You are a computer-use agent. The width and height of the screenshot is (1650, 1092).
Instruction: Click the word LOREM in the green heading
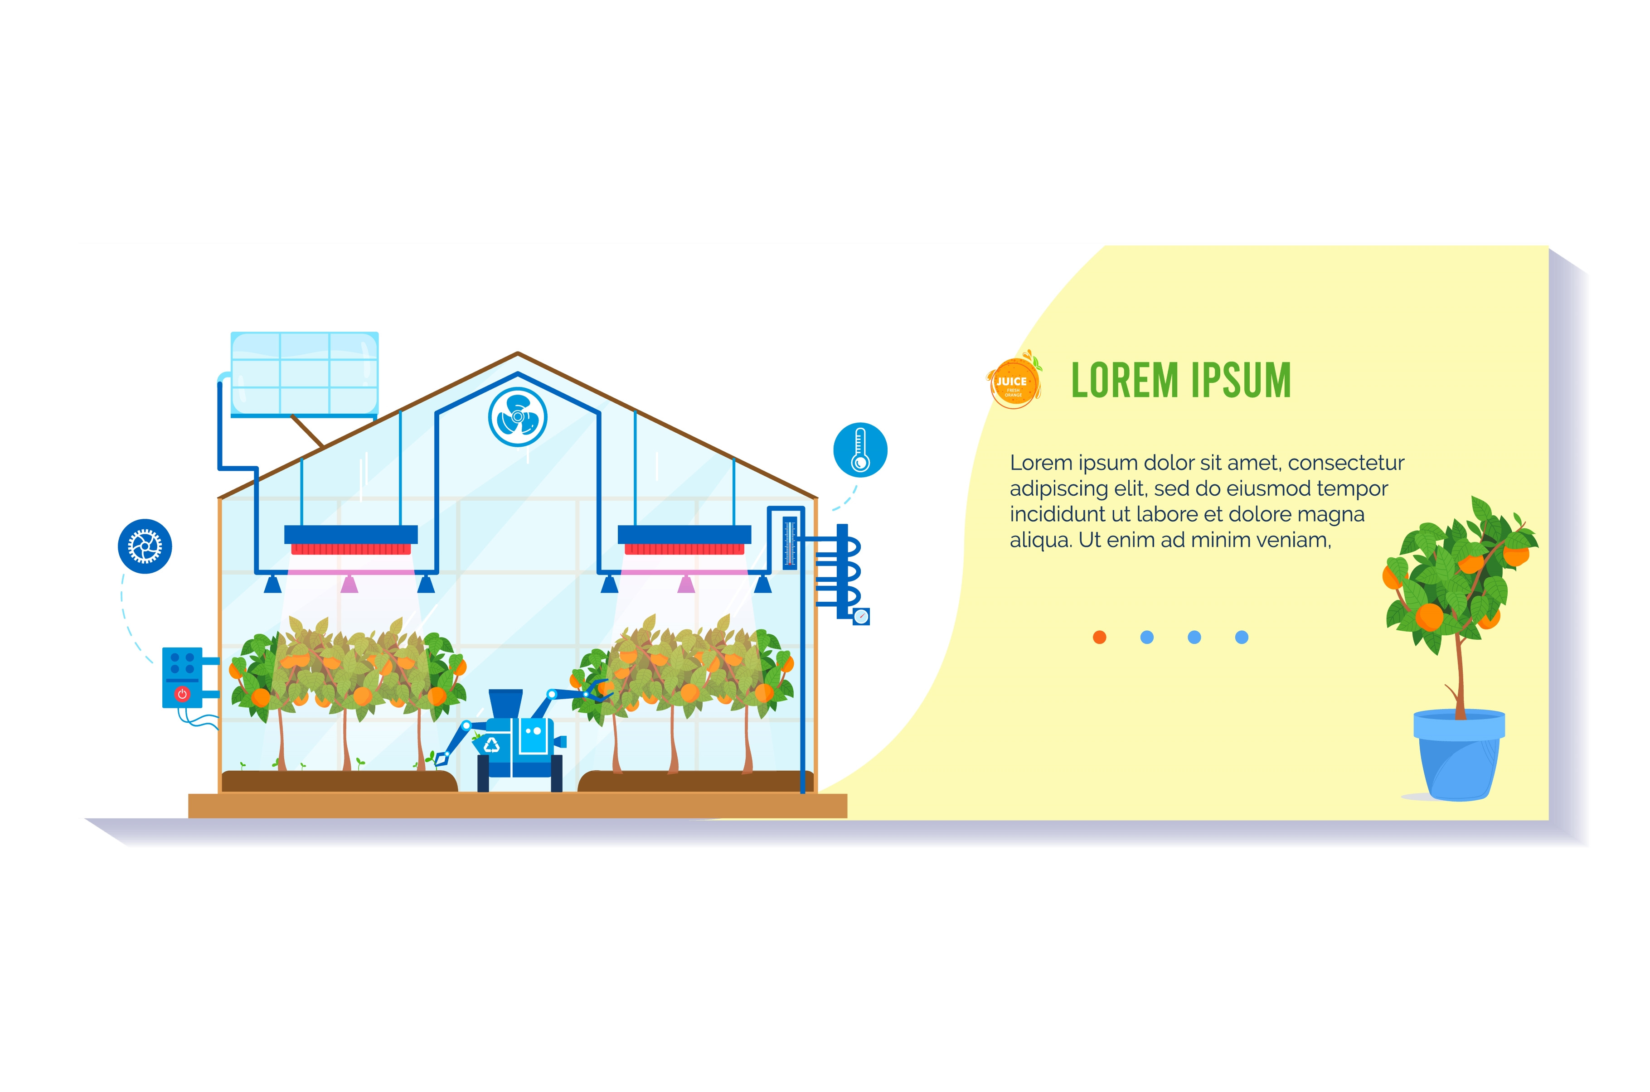1126,381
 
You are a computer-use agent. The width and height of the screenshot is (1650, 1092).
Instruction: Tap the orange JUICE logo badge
1014,382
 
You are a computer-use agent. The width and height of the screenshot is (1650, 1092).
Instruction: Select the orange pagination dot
1100,637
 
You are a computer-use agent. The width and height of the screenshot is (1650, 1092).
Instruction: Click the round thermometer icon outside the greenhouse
860,450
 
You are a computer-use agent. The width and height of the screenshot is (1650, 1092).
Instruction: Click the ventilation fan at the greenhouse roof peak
518,416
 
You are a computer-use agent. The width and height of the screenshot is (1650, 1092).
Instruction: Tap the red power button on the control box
183,694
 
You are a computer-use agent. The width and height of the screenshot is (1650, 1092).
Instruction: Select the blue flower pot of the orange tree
1458,756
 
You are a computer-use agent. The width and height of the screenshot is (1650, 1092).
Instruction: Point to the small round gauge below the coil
862,616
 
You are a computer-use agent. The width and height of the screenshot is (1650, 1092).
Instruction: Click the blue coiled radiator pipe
844,571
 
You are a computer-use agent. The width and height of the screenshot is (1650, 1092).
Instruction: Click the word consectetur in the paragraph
1346,463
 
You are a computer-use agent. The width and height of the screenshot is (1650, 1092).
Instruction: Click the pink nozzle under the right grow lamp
686,584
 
